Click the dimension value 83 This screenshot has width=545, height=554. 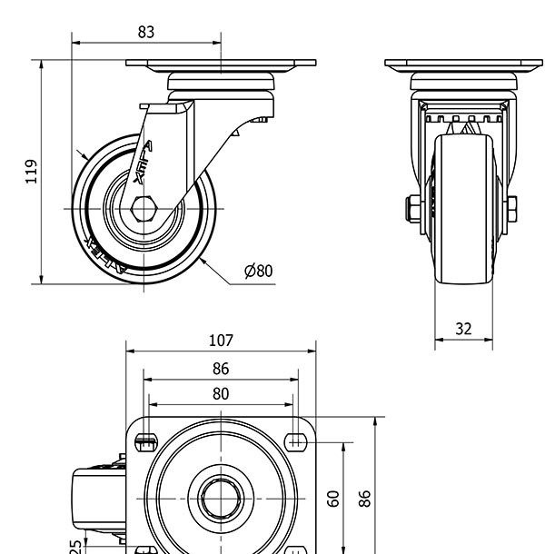point(145,32)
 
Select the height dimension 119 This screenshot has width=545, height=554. point(32,171)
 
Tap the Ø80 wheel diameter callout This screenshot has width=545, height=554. point(258,271)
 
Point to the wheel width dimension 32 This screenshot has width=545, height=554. point(463,329)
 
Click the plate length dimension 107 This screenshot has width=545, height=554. point(221,341)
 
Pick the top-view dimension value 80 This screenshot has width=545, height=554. point(221,393)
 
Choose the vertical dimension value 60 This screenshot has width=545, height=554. point(332,498)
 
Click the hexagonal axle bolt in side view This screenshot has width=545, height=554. point(144,209)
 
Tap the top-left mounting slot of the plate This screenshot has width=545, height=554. point(145,442)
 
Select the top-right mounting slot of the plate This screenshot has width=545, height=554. point(295,442)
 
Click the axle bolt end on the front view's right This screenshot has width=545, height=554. point(513,209)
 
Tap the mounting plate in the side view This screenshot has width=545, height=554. point(221,65)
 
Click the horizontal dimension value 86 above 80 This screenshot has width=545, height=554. point(221,369)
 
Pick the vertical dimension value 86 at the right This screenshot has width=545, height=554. point(364,498)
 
